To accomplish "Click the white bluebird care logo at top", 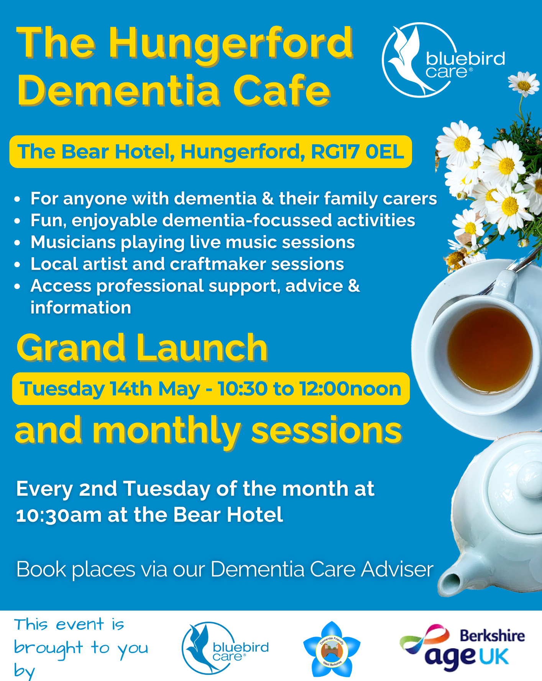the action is point(443,60).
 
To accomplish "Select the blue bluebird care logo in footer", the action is point(225,648).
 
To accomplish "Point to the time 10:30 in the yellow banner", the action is point(243,389).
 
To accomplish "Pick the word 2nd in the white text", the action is point(98,489).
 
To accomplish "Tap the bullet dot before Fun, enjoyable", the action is point(17,221).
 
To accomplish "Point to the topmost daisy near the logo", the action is point(524,83).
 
